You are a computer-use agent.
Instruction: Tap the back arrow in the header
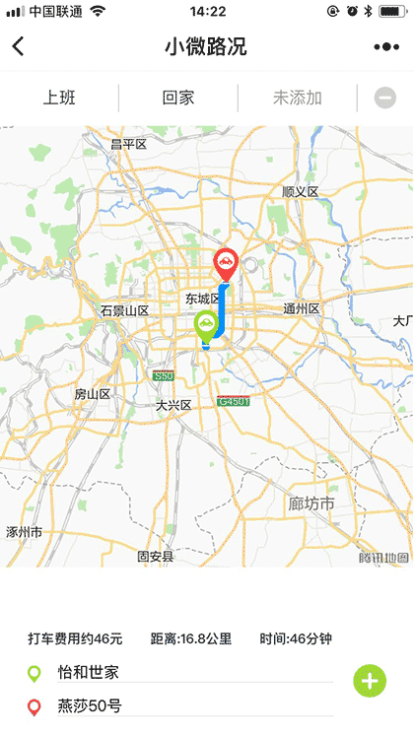click(x=18, y=46)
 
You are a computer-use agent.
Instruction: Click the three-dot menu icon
click(x=385, y=46)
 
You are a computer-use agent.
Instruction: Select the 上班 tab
click(x=59, y=98)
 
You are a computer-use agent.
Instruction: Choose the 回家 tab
click(x=178, y=98)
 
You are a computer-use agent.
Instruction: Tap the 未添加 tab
click(x=297, y=98)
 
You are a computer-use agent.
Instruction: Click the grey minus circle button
click(x=385, y=98)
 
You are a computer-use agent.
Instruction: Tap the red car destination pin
click(x=226, y=263)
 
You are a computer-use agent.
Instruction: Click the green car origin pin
click(x=206, y=325)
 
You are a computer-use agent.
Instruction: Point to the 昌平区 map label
click(x=128, y=144)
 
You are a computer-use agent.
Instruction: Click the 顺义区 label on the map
click(x=301, y=191)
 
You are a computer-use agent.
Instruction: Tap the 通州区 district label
click(x=302, y=309)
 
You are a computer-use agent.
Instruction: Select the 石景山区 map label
click(x=123, y=310)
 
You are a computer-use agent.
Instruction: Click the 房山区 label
click(x=93, y=393)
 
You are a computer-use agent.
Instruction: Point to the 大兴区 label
click(x=173, y=405)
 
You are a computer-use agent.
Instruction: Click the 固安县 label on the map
click(x=155, y=557)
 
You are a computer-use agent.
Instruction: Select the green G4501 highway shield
click(x=234, y=401)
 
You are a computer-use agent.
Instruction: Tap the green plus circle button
click(x=370, y=680)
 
